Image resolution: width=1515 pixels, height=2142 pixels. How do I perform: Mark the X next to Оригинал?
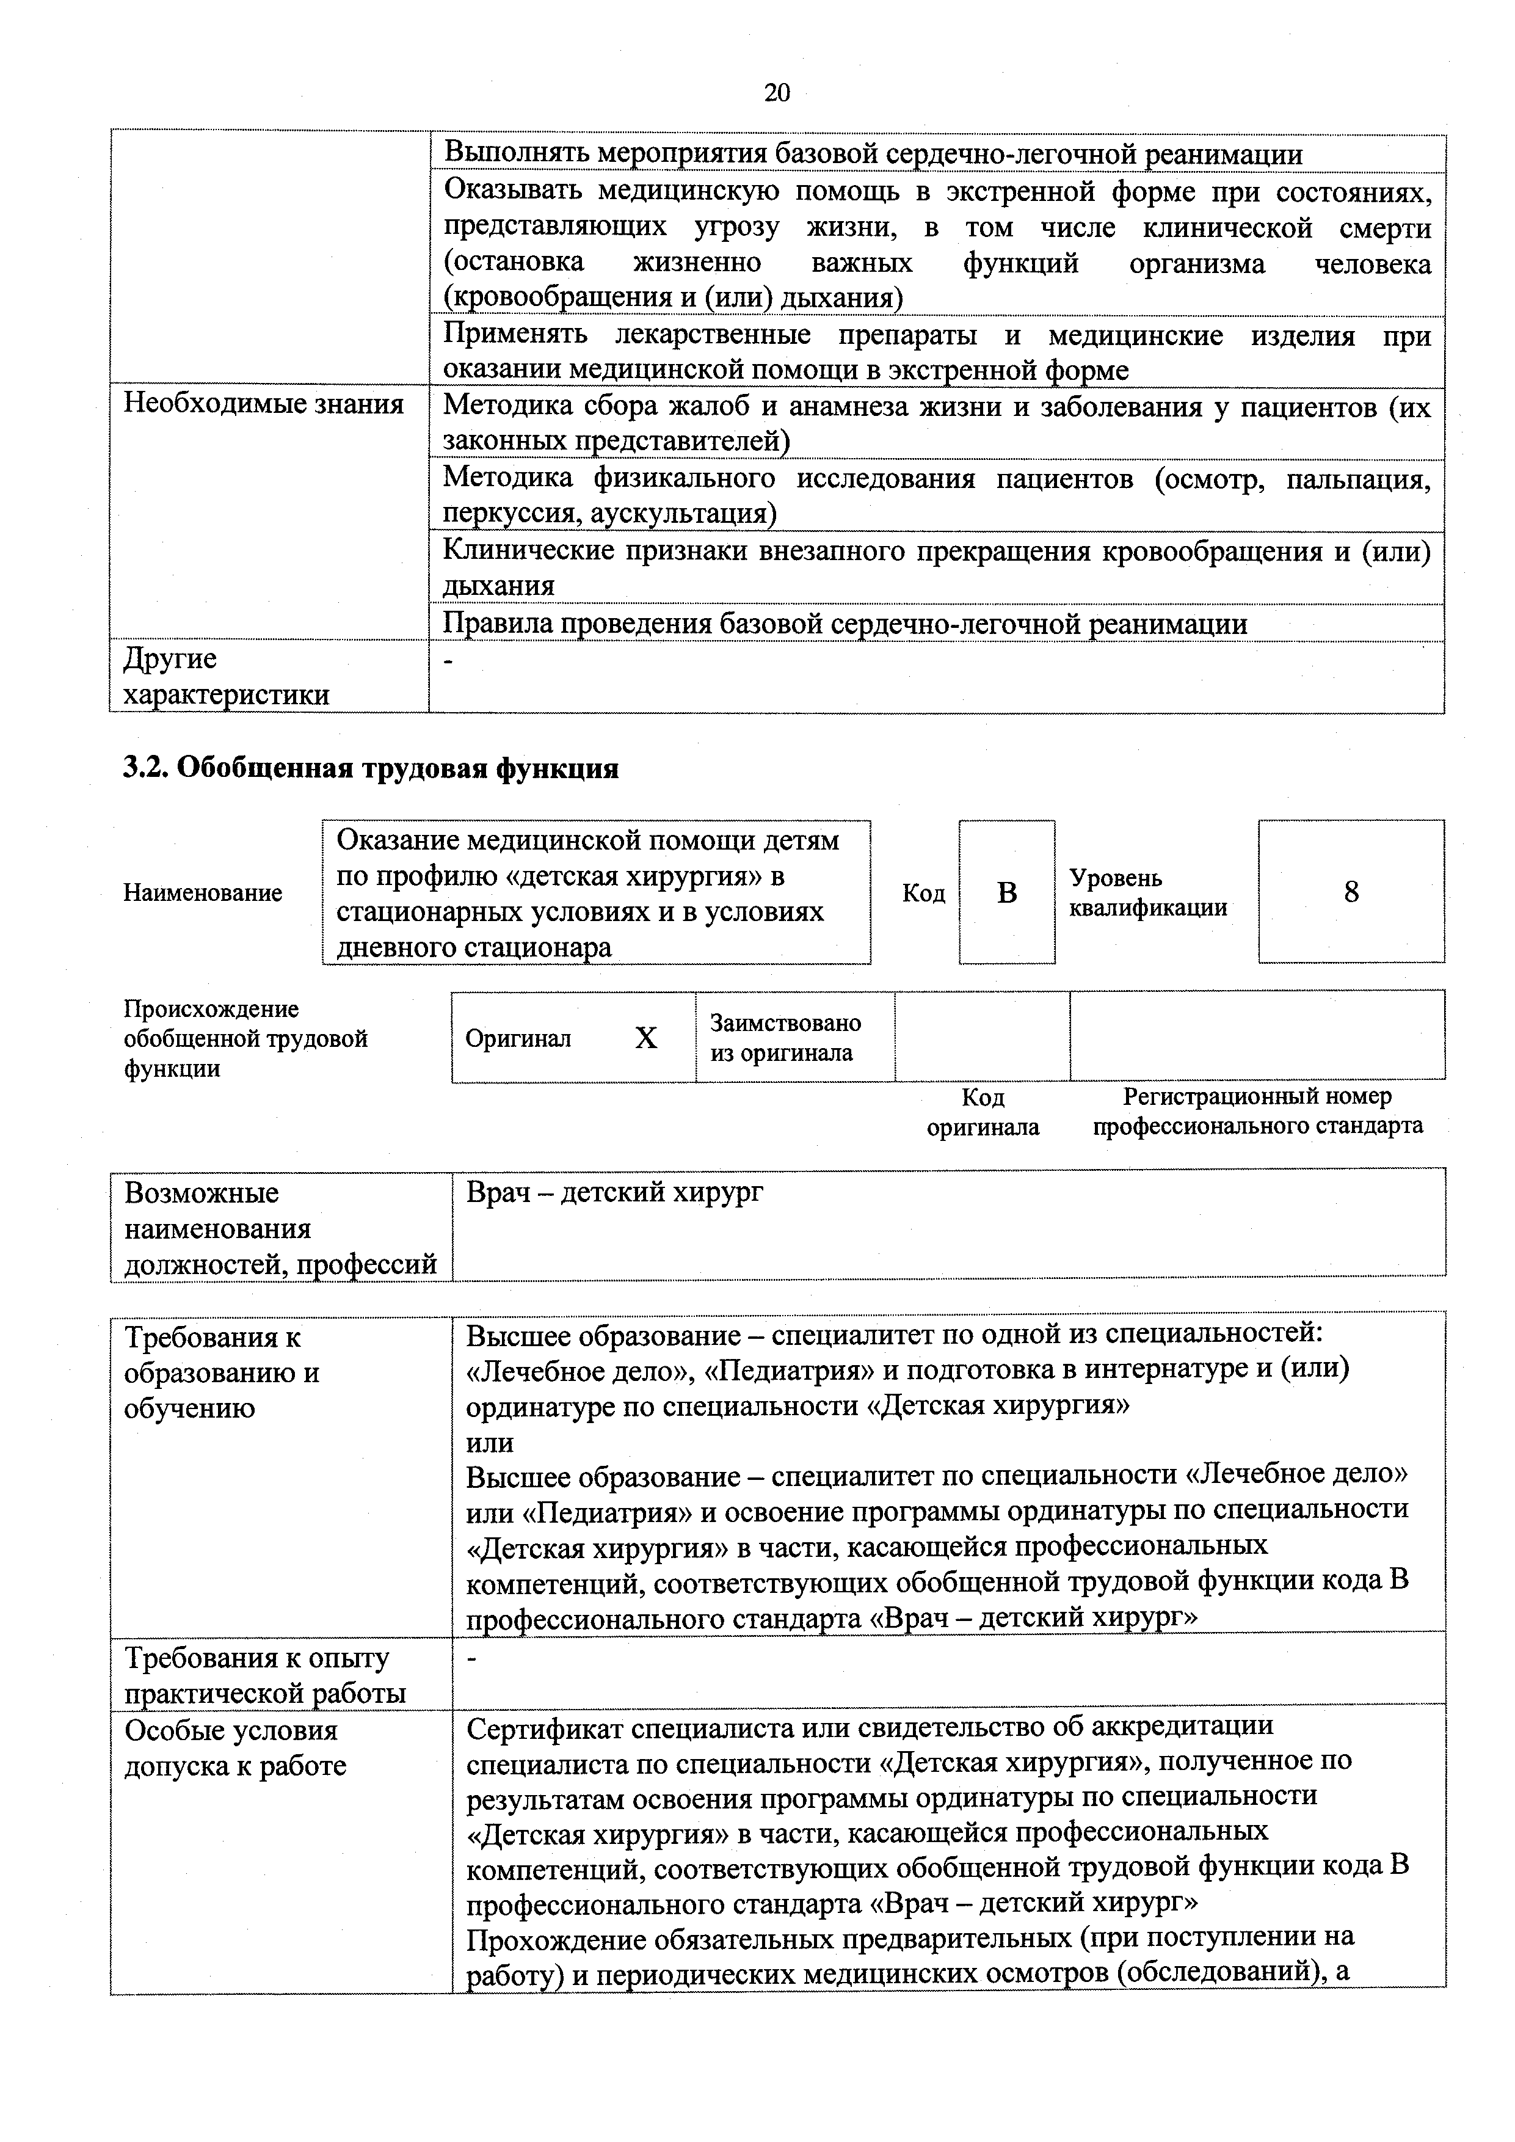click(645, 1038)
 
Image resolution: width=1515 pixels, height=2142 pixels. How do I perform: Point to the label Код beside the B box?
click(923, 894)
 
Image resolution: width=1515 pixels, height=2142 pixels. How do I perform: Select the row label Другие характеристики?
click(227, 676)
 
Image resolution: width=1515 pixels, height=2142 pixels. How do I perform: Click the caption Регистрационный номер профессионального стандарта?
click(1257, 1111)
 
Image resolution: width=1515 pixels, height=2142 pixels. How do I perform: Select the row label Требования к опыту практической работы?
click(265, 1675)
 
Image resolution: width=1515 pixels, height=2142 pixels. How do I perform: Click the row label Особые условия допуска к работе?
click(235, 1748)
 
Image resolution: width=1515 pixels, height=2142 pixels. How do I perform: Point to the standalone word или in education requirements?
click(490, 1442)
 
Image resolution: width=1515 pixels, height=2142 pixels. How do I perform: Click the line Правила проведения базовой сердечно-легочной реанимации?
click(845, 623)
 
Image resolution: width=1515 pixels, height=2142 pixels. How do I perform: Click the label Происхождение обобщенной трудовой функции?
click(245, 1038)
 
